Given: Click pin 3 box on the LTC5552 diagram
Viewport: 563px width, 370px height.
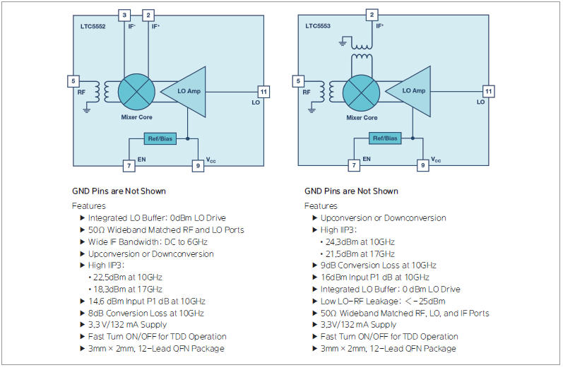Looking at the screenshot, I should point(124,15).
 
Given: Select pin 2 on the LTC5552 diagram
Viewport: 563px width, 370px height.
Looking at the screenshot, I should point(148,15).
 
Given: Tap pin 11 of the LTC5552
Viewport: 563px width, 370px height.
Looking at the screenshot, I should point(263,91).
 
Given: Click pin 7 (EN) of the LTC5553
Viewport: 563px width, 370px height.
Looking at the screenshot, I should point(355,165).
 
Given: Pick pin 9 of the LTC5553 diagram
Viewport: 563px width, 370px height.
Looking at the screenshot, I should point(423,165).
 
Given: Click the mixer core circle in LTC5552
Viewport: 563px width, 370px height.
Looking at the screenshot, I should point(136,91).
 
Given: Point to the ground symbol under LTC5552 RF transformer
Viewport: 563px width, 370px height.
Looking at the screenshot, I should point(87,109).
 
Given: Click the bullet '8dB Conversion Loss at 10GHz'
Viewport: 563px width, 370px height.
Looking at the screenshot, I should point(146,313).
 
